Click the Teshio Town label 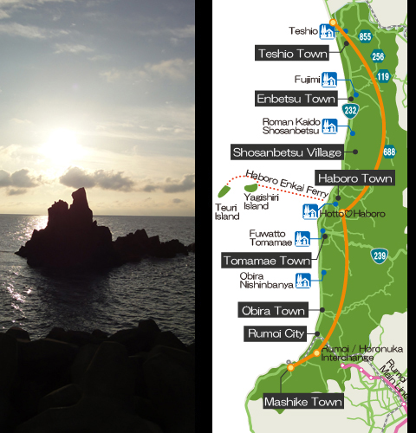(x=292, y=54)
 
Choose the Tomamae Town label (x=267, y=261)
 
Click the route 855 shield (x=365, y=36)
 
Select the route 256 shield (x=378, y=56)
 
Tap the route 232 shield (x=350, y=110)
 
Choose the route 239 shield (x=380, y=255)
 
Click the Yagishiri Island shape (x=252, y=186)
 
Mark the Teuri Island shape (x=227, y=196)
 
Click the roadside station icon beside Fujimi (x=328, y=79)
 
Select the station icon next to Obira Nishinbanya (x=302, y=280)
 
